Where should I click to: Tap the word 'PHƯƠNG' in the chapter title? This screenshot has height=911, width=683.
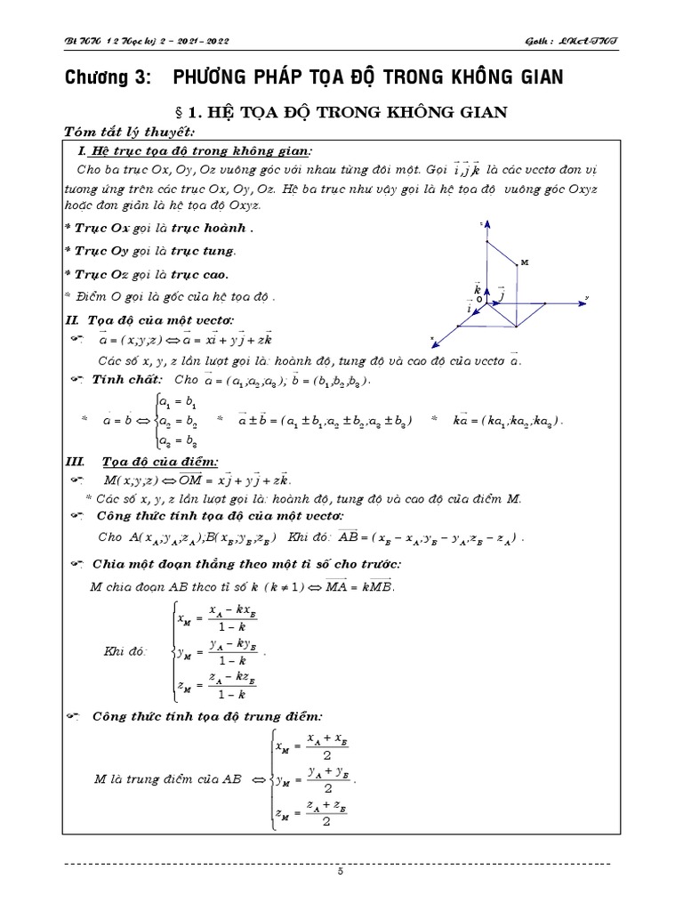[x=216, y=77]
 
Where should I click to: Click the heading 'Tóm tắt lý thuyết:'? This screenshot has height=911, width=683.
[x=116, y=132]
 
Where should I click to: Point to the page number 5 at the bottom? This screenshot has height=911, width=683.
[x=340, y=872]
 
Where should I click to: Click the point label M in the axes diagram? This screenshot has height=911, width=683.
[x=524, y=262]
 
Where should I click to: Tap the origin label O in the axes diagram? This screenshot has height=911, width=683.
[x=478, y=301]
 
